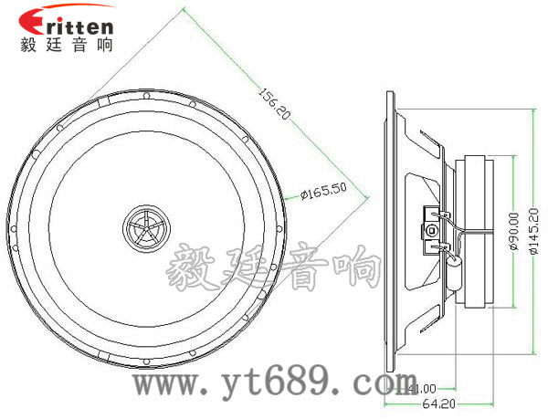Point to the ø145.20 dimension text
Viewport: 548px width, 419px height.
(534, 232)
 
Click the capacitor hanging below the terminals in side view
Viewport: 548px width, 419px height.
(454, 268)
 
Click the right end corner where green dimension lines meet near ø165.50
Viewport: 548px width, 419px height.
(368, 194)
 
